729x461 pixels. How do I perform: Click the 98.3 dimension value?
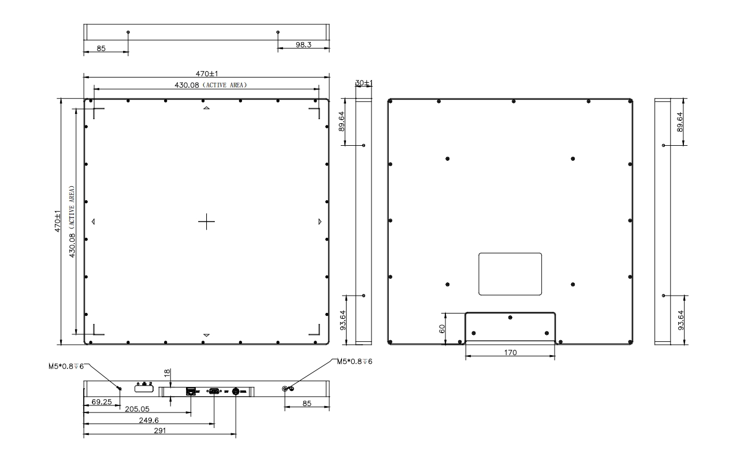[303, 45]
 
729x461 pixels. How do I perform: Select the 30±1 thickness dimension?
[363, 83]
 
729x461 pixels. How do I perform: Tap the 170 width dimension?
[510, 352]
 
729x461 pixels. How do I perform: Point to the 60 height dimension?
[442, 329]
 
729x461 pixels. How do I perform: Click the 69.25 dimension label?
[102, 401]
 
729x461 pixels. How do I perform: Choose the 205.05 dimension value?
[137, 409]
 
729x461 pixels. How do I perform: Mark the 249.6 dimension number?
[148, 421]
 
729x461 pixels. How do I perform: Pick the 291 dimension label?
[160, 431]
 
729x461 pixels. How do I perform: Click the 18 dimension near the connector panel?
[167, 373]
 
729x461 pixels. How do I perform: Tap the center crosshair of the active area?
[206, 222]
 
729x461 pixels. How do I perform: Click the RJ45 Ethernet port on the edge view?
[191, 391]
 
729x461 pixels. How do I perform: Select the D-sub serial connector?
[214, 391]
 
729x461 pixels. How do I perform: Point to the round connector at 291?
[236, 391]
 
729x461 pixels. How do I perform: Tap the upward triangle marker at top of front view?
[206, 108]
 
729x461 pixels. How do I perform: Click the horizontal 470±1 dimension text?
[207, 73]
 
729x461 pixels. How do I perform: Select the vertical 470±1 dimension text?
[57, 221]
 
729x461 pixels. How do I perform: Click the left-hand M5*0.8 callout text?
[66, 367]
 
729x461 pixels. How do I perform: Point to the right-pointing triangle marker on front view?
[319, 222]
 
